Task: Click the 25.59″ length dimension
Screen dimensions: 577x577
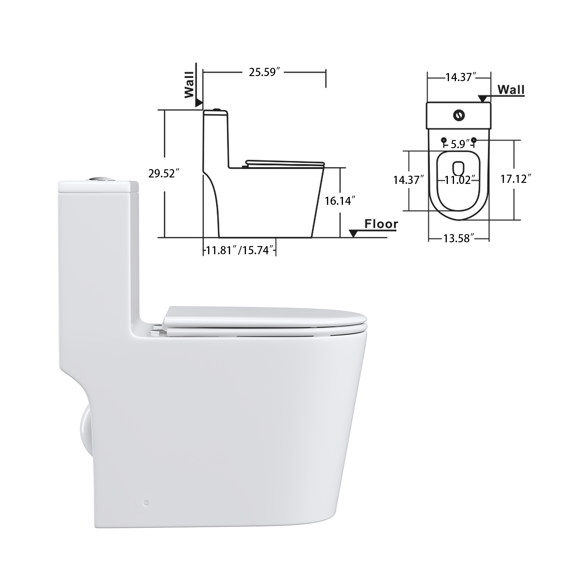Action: coord(265,72)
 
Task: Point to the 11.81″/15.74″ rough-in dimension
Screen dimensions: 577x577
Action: coord(240,250)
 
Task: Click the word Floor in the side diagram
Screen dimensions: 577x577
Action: coord(381,224)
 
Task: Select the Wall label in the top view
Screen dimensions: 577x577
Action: coord(511,89)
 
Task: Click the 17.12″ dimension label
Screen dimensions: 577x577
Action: coord(516,179)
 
